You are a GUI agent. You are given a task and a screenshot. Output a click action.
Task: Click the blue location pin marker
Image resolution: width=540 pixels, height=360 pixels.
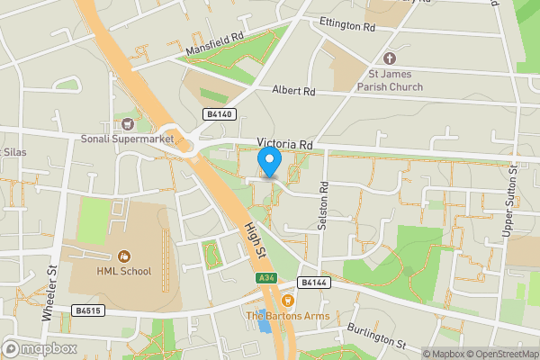269,163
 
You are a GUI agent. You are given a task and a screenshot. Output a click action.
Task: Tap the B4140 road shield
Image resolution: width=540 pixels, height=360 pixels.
219,114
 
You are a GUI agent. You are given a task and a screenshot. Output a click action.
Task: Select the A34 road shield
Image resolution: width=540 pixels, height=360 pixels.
266,280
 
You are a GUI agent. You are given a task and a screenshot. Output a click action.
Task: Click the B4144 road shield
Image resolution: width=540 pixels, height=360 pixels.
312,283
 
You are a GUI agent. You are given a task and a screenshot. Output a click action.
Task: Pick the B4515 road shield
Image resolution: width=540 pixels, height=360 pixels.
87,310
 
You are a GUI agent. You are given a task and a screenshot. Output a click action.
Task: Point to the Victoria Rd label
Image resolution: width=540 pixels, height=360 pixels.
284,143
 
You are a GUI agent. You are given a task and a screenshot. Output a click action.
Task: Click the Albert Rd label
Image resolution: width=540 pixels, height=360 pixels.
294,91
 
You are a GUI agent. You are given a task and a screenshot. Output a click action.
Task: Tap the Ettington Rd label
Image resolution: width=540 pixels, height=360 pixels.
346,26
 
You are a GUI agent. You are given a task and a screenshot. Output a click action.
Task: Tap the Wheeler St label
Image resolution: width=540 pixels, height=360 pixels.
49,293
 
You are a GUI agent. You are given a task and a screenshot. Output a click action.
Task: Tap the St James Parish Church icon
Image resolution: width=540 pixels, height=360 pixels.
389,58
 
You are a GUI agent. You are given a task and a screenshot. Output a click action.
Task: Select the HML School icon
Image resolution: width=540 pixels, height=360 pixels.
123,256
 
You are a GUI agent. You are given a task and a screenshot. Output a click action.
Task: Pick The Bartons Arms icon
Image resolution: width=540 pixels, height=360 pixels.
287,301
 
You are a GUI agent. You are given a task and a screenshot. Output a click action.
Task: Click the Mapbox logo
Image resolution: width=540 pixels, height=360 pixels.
40,348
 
